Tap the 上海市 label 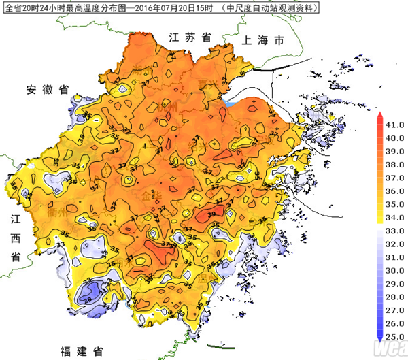tap(262, 41)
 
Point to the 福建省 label tap(81, 351)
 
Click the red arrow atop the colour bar tap(379, 117)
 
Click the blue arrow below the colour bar tap(379, 338)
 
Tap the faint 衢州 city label tap(57, 212)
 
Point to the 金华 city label tap(151, 195)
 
